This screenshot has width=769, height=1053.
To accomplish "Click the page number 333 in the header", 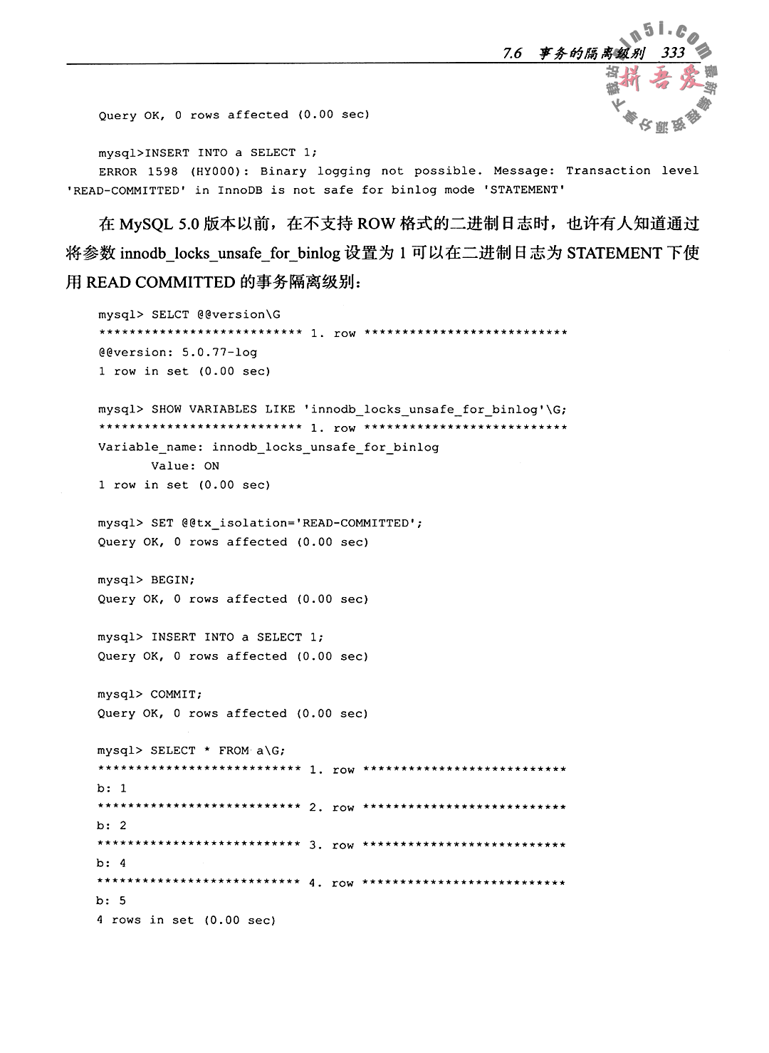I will pos(673,53).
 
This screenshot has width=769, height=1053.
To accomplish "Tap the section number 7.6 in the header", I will pos(513,53).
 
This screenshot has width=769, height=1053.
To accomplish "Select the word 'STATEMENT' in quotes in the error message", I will pos(525,190).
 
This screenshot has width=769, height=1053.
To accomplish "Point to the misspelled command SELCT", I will pos(171,314).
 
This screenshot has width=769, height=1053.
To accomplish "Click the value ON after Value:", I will pos(211,466).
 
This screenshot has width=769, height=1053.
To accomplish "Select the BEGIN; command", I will pos(173,580).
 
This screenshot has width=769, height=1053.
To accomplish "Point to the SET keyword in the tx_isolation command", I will pos(162,523).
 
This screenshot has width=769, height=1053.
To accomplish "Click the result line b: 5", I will pos(112,901).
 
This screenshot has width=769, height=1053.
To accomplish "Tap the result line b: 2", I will pos(112,826).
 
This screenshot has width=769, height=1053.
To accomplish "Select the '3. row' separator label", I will pos(332,846).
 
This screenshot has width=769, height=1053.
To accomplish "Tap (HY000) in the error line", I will pos(221,172).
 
